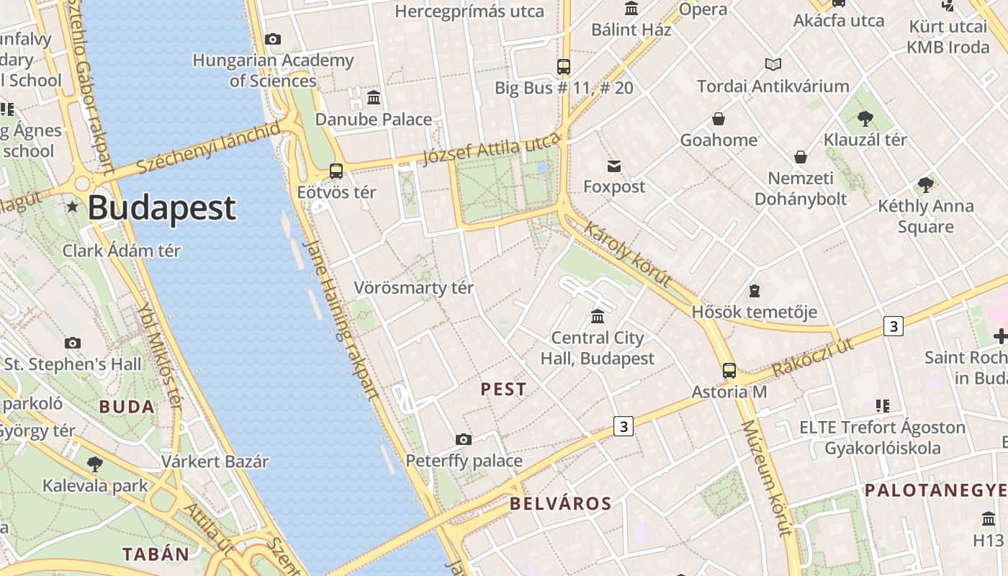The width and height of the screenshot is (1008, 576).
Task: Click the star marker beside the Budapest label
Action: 72,207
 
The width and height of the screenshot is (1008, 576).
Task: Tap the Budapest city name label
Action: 161,208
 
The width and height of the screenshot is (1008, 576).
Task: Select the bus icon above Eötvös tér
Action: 336,171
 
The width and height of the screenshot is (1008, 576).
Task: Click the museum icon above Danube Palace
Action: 374,97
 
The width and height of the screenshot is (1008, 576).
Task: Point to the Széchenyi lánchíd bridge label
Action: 208,149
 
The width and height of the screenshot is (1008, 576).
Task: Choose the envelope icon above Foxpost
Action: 613,166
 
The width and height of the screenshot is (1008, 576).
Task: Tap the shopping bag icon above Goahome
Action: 718,119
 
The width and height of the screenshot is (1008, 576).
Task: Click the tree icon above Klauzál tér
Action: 865,118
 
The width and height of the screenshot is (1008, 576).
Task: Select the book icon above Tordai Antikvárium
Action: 773,65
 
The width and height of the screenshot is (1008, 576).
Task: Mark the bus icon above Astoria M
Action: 729,371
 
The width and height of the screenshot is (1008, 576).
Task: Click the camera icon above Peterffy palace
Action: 464,439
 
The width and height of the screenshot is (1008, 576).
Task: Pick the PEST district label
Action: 504,390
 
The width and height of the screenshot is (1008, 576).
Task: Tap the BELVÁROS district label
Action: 561,503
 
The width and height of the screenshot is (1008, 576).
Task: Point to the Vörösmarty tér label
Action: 413,288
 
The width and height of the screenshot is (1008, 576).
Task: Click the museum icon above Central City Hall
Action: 597,316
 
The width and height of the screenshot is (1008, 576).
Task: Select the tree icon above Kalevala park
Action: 94,464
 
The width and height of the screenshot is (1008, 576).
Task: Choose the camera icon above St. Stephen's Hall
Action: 73,343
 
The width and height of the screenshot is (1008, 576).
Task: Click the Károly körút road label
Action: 629,256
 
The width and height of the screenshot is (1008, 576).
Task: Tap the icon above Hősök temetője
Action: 754,291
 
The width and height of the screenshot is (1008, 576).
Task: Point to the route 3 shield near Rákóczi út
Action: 894,326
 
